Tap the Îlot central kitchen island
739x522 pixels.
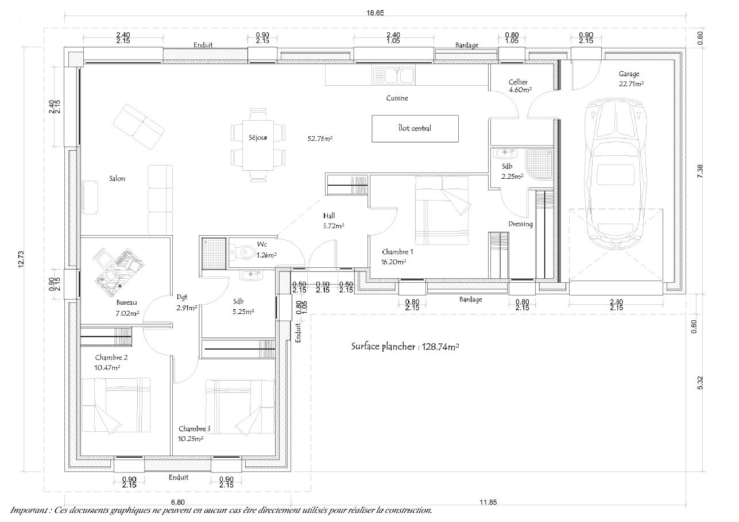(415, 128)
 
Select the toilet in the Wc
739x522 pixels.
(245, 252)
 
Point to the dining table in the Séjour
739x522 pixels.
(257, 144)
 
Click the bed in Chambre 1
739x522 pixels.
(442, 210)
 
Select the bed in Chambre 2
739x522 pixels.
(116, 405)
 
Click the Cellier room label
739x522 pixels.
(518, 82)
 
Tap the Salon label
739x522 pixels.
(117, 179)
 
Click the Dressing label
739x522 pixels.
(520, 224)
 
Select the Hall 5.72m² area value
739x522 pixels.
(334, 226)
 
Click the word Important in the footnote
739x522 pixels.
(29, 511)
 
